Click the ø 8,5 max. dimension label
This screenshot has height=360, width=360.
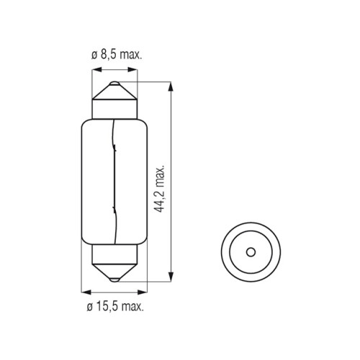pyautogui.click(x=117, y=55)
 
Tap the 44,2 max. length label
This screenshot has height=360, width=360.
pyautogui.click(x=159, y=188)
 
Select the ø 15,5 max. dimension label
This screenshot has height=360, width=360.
pyautogui.click(x=115, y=307)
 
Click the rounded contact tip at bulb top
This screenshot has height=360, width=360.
pyautogui.click(x=114, y=84)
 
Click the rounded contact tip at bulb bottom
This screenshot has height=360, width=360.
pyautogui.click(x=114, y=279)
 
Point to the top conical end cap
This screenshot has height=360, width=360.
pyautogui.click(x=114, y=92)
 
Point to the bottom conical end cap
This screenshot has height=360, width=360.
pyautogui.click(x=114, y=271)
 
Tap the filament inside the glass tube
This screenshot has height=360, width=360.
pyautogui.click(x=114, y=181)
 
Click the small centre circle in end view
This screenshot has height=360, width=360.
pyautogui.click(x=251, y=252)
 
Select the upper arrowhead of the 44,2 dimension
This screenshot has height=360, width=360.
pyautogui.click(x=171, y=86)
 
